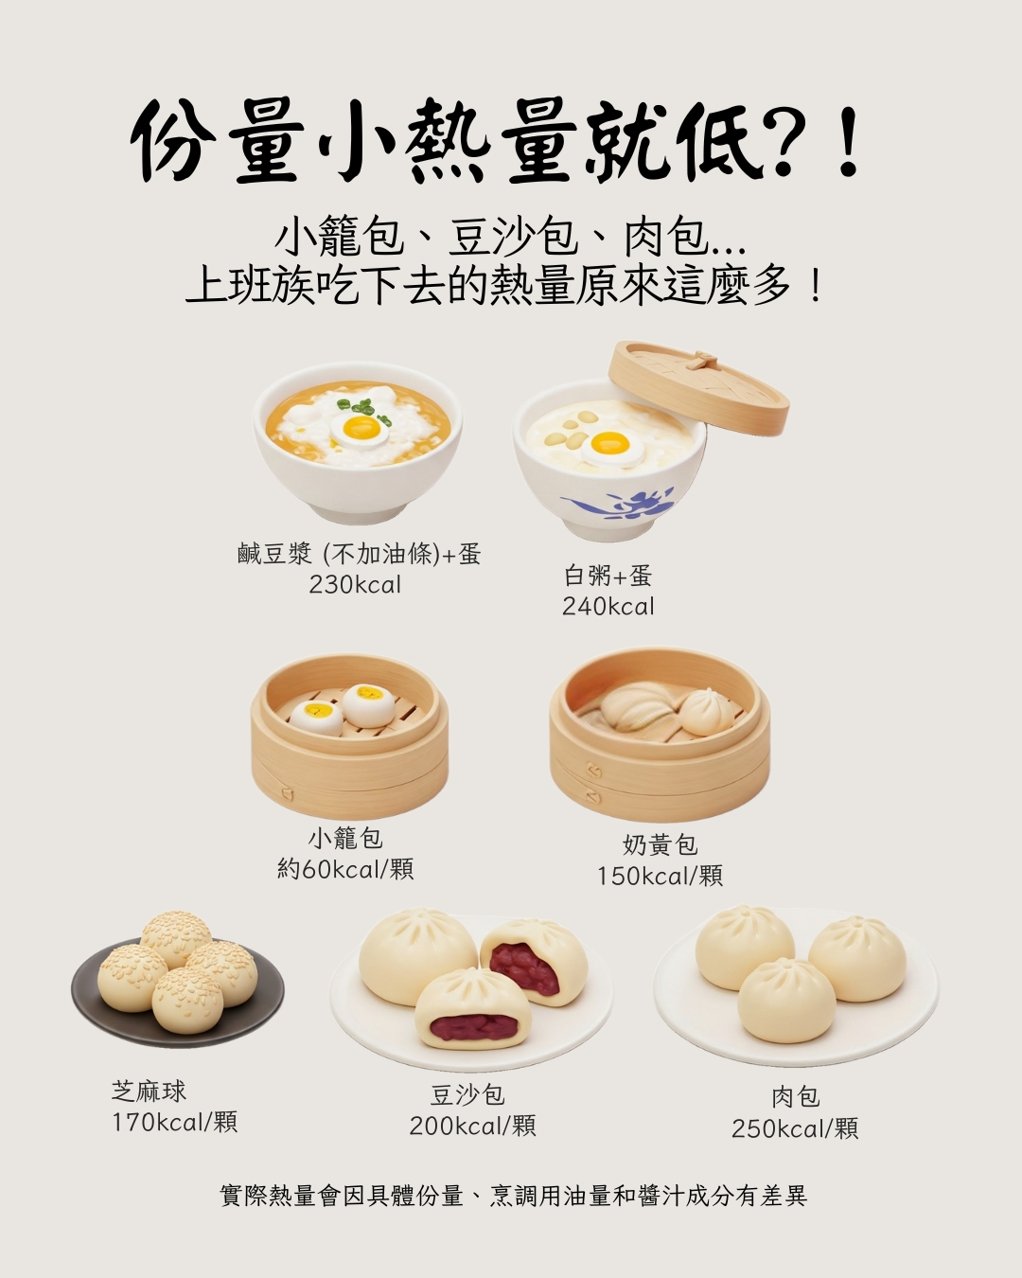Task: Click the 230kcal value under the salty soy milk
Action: pyautogui.click(x=355, y=585)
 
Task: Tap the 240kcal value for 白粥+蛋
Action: pyautogui.click(x=608, y=607)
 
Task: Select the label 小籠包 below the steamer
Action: pyautogui.click(x=345, y=838)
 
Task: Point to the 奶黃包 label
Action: pyautogui.click(x=660, y=843)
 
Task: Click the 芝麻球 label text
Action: pyautogui.click(x=149, y=1092)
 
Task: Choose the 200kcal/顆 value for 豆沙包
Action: pyautogui.click(x=472, y=1126)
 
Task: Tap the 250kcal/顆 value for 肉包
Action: pyautogui.click(x=794, y=1128)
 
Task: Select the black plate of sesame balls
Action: pyautogui.click(x=104, y=1008)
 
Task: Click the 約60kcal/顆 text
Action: pyautogui.click(x=345, y=869)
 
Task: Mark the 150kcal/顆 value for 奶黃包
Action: pyautogui.click(x=660, y=876)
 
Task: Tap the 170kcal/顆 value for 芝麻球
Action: pyautogui.click(x=174, y=1123)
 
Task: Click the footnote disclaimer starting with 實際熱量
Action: pyautogui.click(x=512, y=1196)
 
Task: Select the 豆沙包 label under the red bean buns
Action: pyautogui.click(x=467, y=1095)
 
